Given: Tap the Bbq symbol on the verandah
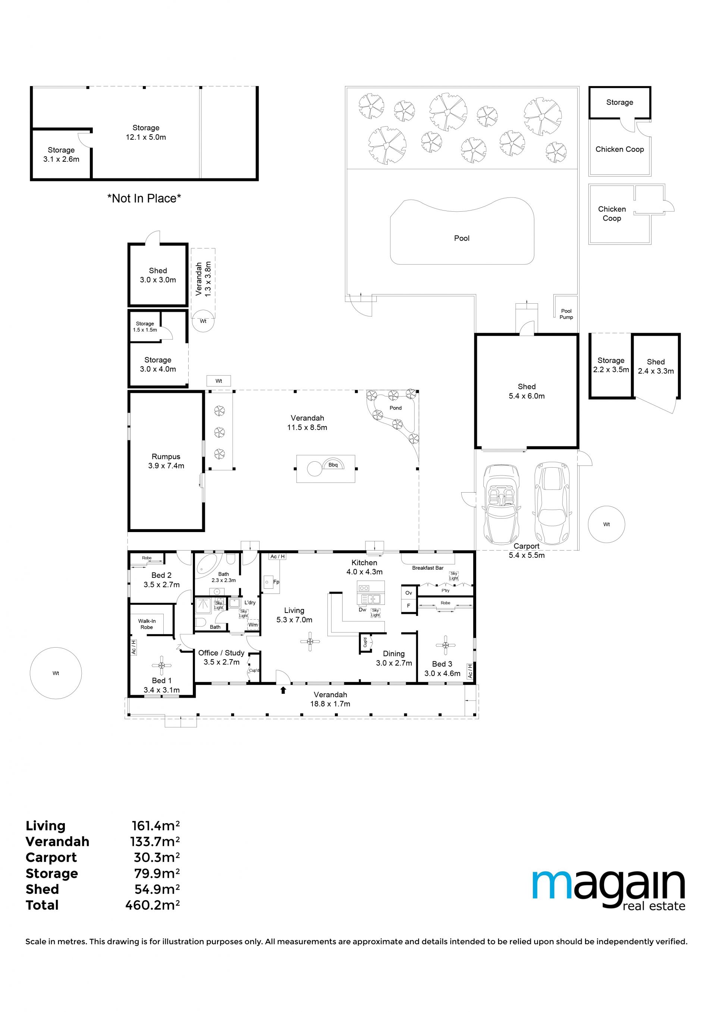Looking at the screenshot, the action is coord(333,465).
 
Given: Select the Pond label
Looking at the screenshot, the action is coord(395,408).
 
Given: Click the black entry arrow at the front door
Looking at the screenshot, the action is coord(283,690).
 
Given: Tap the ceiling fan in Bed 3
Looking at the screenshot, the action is coord(446,645).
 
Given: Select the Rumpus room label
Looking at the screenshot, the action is coord(166,461).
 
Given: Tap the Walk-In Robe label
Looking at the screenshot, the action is coord(147,624).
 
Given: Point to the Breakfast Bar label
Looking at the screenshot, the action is coord(427,568).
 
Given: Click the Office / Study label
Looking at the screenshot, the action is coord(221,653).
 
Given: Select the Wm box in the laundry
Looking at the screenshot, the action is coord(253,624).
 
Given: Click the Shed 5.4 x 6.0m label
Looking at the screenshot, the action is coord(526,391).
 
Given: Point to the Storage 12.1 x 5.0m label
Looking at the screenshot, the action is coord(146,132).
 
